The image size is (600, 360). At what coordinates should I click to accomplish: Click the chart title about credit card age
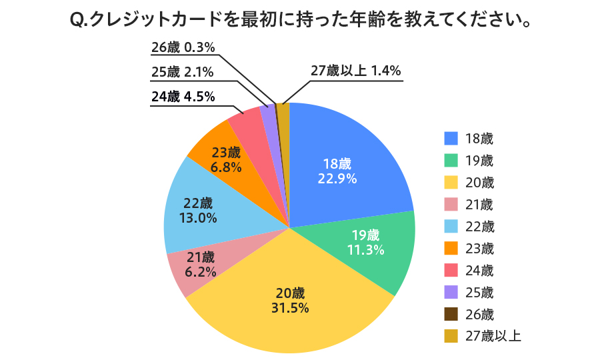300,21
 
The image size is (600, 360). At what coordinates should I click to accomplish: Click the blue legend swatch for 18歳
451,138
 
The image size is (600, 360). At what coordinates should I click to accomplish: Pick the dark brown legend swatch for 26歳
451,314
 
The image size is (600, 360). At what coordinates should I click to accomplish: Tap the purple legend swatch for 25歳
451,292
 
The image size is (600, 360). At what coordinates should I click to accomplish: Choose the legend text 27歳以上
493,336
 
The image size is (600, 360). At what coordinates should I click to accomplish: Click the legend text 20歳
480,182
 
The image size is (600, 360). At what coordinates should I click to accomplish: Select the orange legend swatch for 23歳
451,248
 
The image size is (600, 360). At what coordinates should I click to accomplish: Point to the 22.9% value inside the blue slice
337,179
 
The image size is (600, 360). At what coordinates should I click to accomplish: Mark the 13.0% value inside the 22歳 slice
198,217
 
